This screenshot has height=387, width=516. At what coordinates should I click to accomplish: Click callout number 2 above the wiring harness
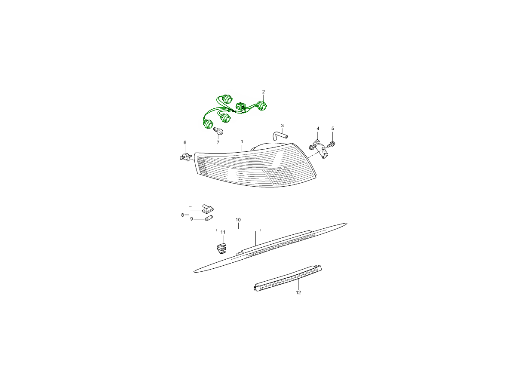(263, 92)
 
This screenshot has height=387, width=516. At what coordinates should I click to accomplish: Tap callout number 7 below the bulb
(218, 143)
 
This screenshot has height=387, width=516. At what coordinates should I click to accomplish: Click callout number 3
(283, 126)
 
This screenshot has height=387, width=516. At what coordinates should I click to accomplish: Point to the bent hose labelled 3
(280, 135)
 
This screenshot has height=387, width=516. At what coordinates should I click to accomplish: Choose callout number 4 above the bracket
(318, 129)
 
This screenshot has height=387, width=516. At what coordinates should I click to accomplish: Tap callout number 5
(333, 129)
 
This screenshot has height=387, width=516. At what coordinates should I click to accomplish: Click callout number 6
(185, 143)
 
